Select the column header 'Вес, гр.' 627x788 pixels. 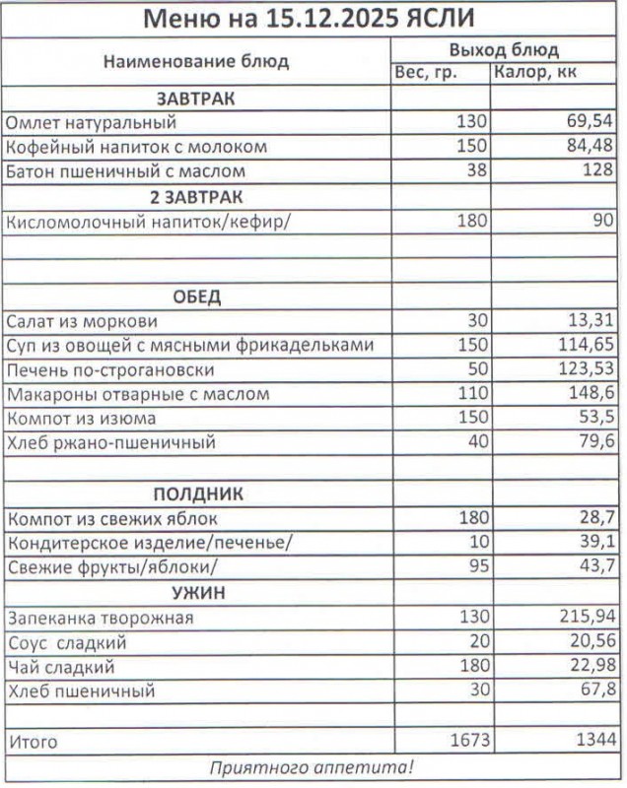coord(425,72)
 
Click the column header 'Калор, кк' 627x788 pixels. coord(535,72)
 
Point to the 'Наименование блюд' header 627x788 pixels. coord(196,61)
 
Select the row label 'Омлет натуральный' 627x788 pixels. coord(91,123)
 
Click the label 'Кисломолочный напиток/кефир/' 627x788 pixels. coord(149,221)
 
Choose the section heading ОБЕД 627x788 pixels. coord(196,296)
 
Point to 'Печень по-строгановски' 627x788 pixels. coord(109,370)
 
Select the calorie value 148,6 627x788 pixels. coord(592,394)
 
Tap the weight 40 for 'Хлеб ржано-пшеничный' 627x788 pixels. coord(477,443)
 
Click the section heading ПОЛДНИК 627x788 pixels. coord(196,493)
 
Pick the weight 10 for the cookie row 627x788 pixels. coord(478,543)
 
